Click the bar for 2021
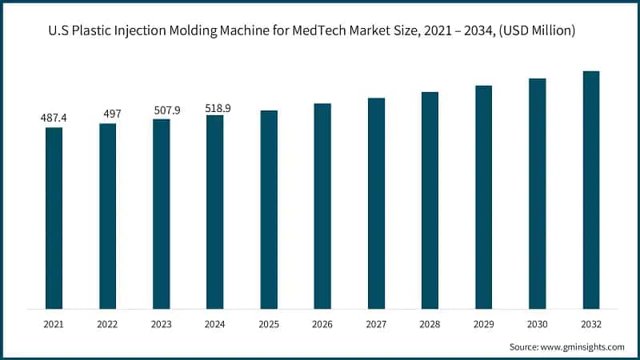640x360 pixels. pos(54,218)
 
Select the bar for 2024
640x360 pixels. pos(214,212)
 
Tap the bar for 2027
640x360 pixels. pos(376,203)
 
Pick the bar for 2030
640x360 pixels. pos(537,194)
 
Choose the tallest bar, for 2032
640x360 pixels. pos(590,190)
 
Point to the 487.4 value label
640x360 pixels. pos(54,118)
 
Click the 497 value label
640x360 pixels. pos(107,114)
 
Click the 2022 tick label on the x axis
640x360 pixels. pos(107,325)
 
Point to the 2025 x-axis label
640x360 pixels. pos(269,325)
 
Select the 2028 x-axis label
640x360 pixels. pos(430,325)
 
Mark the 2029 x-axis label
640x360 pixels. pos(483,325)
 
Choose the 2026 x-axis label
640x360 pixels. pos(322,325)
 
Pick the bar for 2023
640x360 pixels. pos(161,214)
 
